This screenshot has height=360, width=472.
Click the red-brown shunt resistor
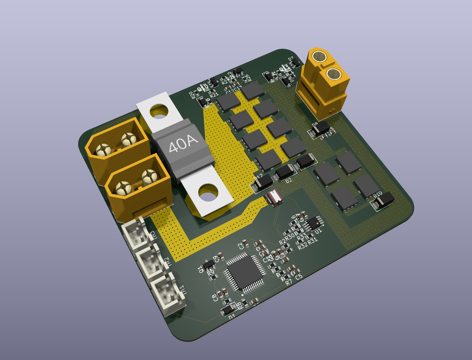pos(274,198)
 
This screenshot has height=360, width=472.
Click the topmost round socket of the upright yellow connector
pos(320,57)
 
